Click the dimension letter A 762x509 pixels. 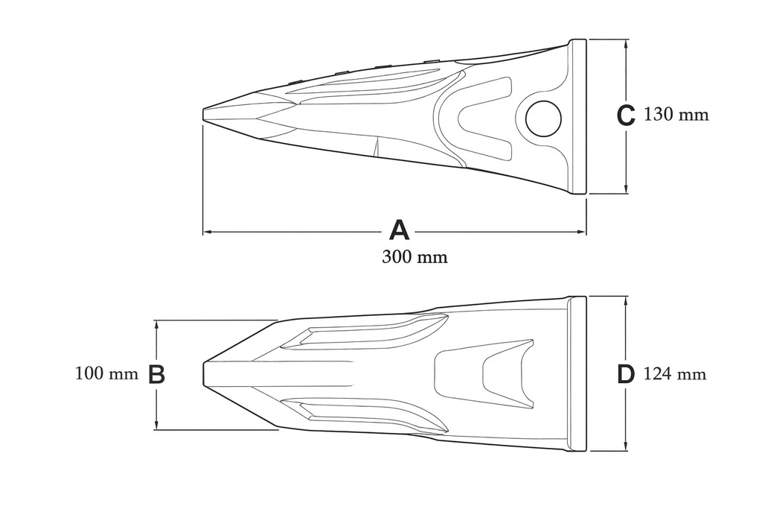400,230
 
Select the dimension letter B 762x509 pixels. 156,375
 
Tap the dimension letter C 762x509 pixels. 626,116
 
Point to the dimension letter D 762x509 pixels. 626,375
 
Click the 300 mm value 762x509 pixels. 414,256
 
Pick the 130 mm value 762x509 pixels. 676,115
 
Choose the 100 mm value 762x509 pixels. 107,373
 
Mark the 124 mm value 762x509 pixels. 675,374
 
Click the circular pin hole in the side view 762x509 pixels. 543,119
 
